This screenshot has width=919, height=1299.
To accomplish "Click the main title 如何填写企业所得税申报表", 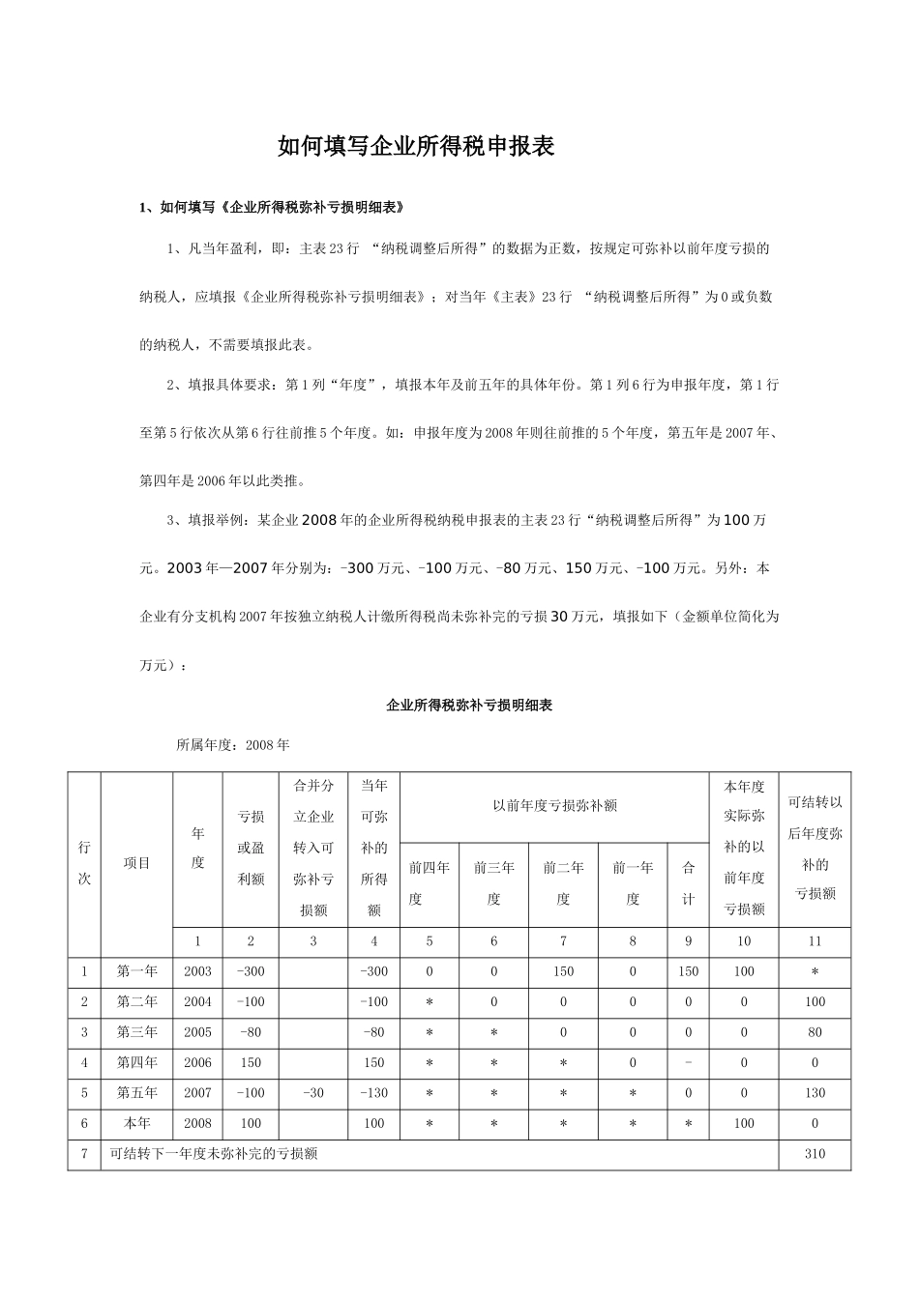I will (x=415, y=147).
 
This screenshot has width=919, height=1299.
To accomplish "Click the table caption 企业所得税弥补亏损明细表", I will (x=469, y=706).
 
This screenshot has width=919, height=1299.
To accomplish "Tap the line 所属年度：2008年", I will (x=232, y=745).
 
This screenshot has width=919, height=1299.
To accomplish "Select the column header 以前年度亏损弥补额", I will (x=554, y=804).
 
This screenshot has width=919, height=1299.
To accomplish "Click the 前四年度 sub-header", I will (x=430, y=882).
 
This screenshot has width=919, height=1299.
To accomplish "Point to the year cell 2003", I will (x=197, y=970).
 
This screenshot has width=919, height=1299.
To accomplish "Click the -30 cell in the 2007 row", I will (x=312, y=1092).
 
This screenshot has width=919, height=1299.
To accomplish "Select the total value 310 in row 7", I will (x=815, y=1153).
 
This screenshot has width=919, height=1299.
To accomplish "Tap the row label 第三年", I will (x=136, y=1031).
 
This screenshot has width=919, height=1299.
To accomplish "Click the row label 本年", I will (x=136, y=1123).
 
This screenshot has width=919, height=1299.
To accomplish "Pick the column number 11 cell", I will (x=815, y=940).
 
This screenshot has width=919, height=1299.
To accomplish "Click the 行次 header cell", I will (x=84, y=862).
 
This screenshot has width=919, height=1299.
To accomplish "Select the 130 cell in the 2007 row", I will (x=815, y=1092).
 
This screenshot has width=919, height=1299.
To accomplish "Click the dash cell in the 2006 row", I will (x=688, y=1062).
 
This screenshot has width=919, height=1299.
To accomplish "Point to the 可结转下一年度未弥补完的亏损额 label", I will (x=215, y=1153).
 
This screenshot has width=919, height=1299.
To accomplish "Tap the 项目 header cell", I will (x=136, y=862).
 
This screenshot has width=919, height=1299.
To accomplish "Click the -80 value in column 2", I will (x=251, y=1031).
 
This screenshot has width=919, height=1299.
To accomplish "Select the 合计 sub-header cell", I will (x=688, y=882).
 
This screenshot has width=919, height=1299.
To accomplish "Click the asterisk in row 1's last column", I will (x=815, y=970).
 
